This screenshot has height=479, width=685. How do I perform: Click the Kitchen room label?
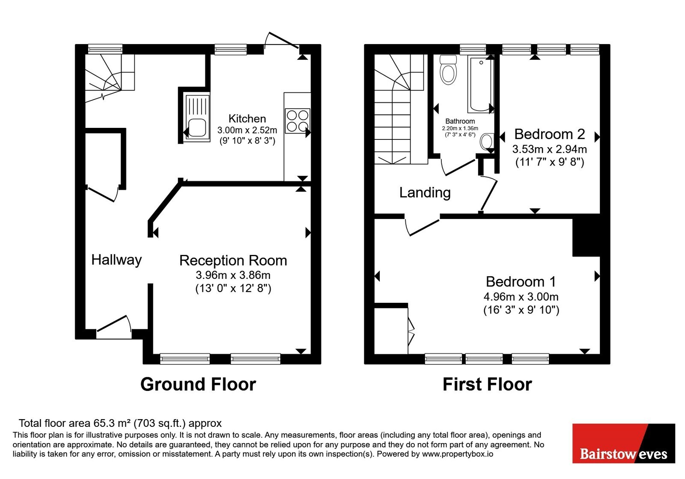247,118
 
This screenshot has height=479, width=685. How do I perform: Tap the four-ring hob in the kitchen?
297,121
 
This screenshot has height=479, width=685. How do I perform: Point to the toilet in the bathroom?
448,70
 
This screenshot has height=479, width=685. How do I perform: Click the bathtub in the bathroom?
480,83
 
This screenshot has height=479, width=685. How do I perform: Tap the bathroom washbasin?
486,142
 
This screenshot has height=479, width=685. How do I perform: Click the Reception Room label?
233,260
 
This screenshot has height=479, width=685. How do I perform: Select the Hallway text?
116,260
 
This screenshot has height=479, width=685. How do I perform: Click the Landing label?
425,193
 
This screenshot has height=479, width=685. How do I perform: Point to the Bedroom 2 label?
550,134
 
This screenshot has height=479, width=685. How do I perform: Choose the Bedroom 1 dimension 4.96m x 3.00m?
521,297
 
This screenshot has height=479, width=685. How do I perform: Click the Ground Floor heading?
198,384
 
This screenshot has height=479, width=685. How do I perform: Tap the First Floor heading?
487,384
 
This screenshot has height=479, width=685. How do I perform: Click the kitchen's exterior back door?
281,40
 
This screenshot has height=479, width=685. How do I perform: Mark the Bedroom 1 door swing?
422,227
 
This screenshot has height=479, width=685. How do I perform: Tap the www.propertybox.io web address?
458,454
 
